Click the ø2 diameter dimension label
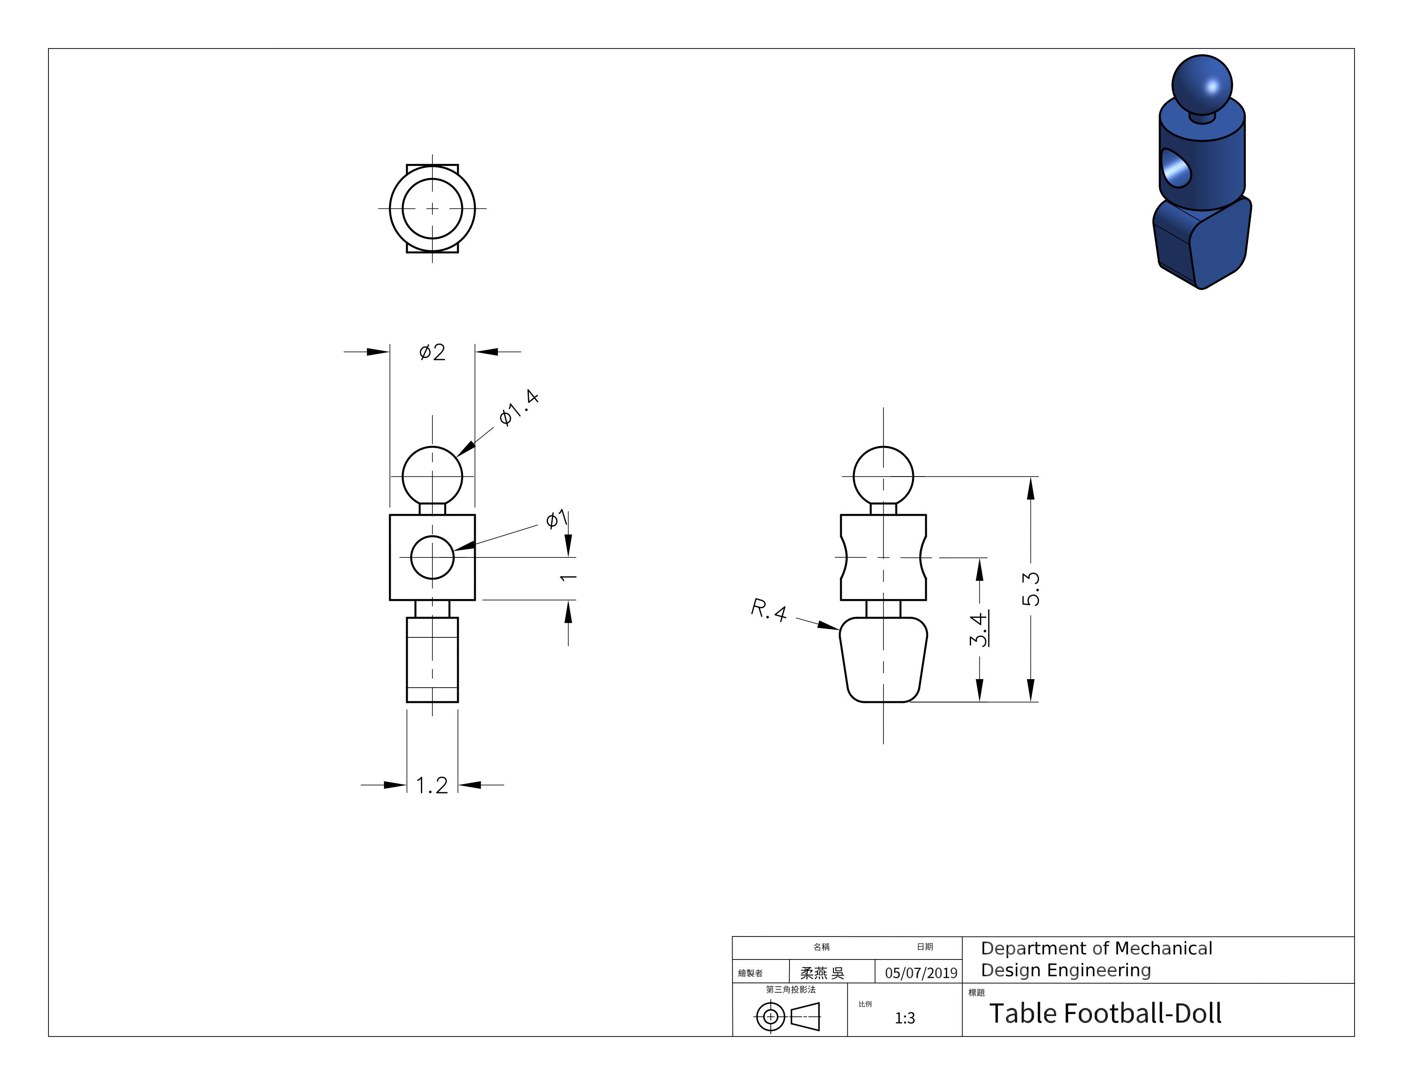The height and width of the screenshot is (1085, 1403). coord(432,352)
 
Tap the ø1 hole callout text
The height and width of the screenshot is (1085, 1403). coord(557,518)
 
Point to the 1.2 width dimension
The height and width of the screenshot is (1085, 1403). coord(432,785)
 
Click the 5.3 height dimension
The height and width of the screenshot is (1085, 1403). coord(1031,589)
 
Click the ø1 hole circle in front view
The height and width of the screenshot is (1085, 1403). coord(432,557)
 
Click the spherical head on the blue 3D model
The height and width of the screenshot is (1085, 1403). coord(1202,85)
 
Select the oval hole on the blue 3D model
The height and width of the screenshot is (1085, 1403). coord(1176,168)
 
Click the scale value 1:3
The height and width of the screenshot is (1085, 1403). coord(904,1017)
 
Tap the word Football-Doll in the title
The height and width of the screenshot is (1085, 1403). coord(1143,1014)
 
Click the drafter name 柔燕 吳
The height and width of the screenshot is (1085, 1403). coord(822,973)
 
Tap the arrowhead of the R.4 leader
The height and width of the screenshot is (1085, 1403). coord(828,625)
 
